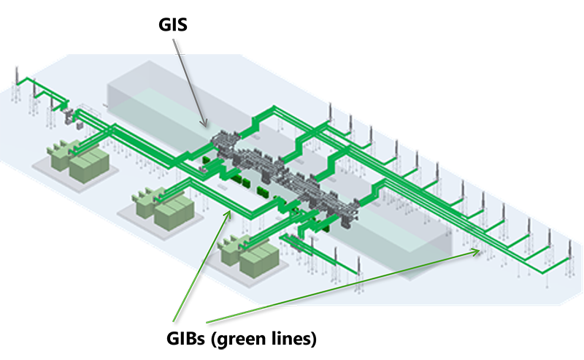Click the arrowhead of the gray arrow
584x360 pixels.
click(x=206, y=125)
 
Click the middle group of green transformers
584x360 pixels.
click(x=164, y=204)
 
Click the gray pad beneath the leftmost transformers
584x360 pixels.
click(x=55, y=165)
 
